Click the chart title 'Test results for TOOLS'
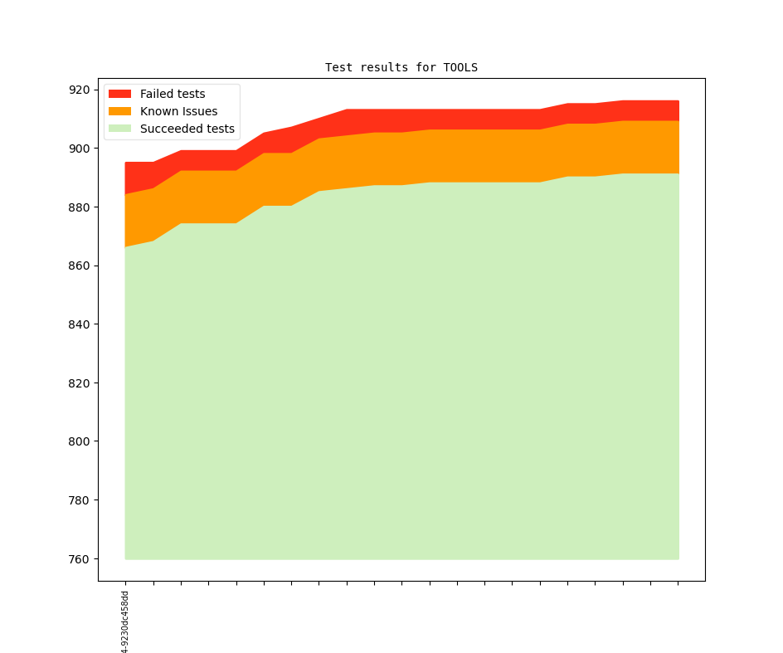[401, 67]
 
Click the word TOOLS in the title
[460, 67]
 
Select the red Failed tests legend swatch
[120, 94]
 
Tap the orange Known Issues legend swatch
[120, 111]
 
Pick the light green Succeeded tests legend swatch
[120, 129]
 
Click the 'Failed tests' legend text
[173, 94]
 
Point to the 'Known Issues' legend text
[178, 111]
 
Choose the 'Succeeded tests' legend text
[187, 129]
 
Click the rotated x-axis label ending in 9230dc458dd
[125, 621]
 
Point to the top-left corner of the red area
[125, 163]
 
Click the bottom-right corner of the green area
[678, 558]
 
